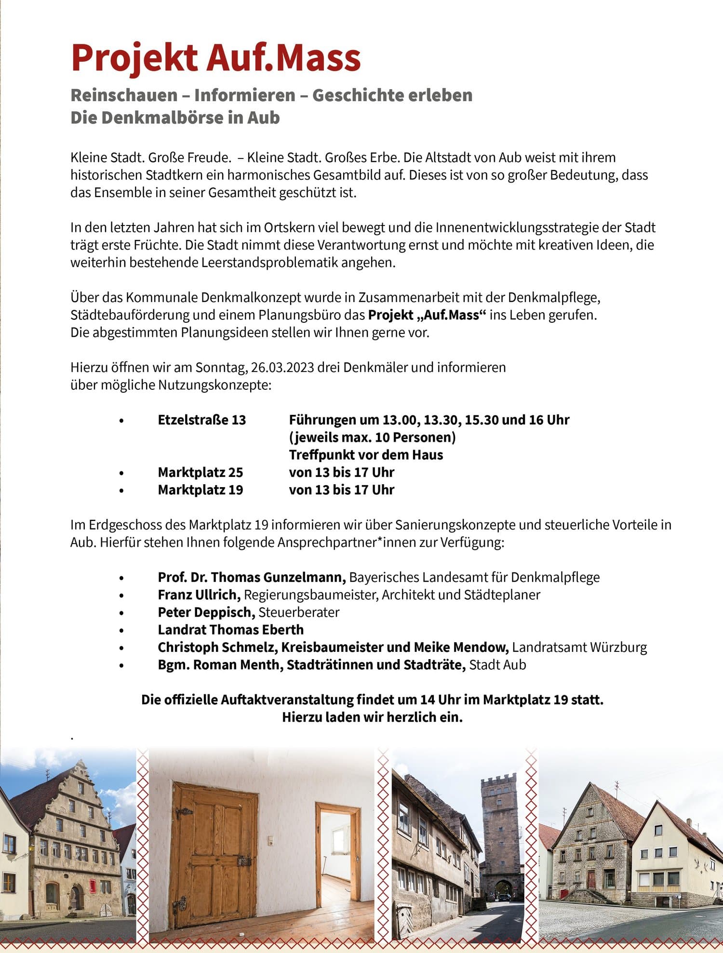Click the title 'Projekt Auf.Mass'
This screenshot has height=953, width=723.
[x=215, y=58]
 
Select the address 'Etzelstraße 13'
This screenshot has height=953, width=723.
[x=201, y=420]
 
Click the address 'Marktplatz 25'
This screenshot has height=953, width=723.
[x=200, y=472]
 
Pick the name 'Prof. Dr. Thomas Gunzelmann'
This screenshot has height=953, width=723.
[x=252, y=577]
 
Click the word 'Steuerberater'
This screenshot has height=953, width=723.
[x=299, y=612]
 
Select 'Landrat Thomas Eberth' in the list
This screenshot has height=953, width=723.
[x=230, y=630]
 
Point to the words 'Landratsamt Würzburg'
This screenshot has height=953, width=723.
[x=579, y=647]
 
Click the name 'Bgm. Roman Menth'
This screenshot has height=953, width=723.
[x=218, y=665]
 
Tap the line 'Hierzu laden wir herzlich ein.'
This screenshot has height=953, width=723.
[x=372, y=717]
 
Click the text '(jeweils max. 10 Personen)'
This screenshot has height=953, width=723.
[x=372, y=437]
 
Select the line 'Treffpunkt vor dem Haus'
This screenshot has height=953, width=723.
[x=366, y=455]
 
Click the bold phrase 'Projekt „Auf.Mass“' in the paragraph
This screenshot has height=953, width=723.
[x=427, y=315]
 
